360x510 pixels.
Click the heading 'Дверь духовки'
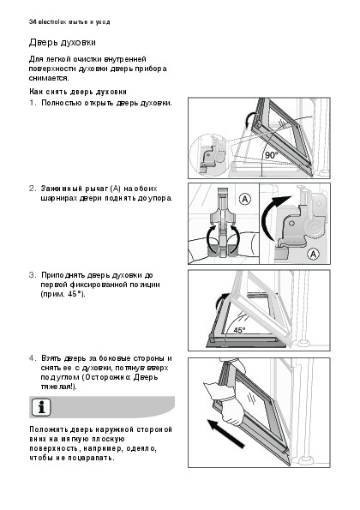click(x=62, y=43)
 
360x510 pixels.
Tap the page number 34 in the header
click(x=33, y=22)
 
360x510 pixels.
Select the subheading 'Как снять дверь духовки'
click(x=78, y=92)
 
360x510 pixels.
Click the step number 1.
click(x=33, y=103)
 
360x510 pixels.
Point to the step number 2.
click(x=33, y=189)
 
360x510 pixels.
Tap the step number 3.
click(x=33, y=275)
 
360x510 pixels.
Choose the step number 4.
click(x=33, y=358)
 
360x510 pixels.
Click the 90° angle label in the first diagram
click(x=272, y=155)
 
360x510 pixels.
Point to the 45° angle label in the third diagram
click(x=239, y=330)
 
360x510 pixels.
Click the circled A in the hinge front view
click(x=245, y=199)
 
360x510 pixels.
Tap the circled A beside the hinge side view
click(x=313, y=254)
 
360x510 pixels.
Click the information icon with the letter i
click(x=41, y=407)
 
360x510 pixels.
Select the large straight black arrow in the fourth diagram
click(x=226, y=434)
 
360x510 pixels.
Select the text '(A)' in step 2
click(x=116, y=189)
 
